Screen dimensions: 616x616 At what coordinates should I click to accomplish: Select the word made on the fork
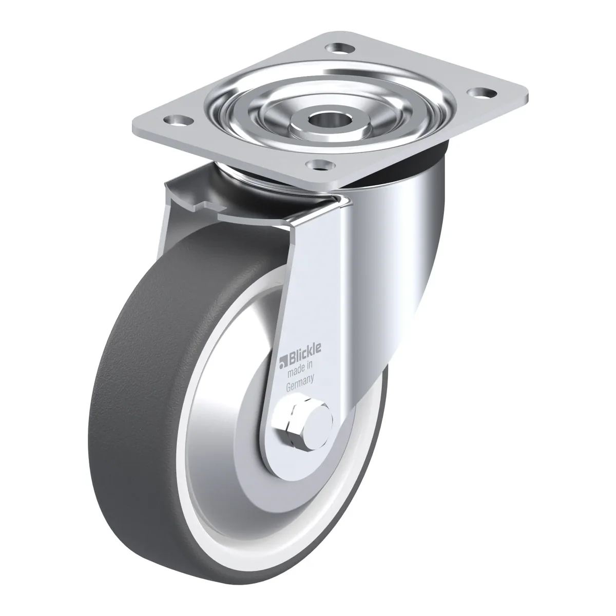coord(294,372)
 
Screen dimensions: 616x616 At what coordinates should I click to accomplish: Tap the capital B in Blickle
coord(293,358)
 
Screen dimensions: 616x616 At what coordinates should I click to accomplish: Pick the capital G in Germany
coord(288,388)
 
